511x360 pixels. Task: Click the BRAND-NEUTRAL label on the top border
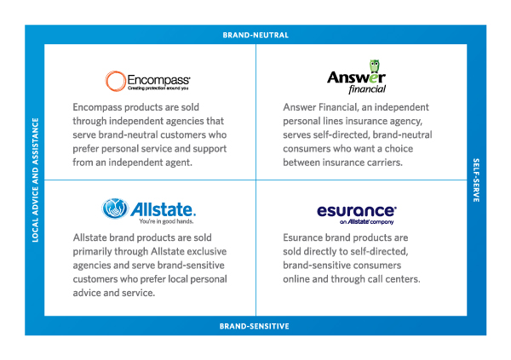tap(255, 35)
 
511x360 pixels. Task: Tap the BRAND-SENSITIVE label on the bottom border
tap(254, 326)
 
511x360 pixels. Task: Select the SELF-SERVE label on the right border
tap(476, 180)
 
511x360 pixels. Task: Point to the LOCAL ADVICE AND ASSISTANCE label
tap(35, 180)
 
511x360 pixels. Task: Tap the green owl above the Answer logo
tap(375, 66)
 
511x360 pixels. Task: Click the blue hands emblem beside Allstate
tap(115, 209)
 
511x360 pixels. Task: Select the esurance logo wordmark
tap(357, 211)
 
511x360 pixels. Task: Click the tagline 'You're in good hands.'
tap(166, 221)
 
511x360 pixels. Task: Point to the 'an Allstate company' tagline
tap(366, 222)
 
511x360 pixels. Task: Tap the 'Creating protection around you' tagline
tap(158, 88)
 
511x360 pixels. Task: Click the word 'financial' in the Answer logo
tap(367, 89)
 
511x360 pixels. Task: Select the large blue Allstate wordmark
tap(164, 209)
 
